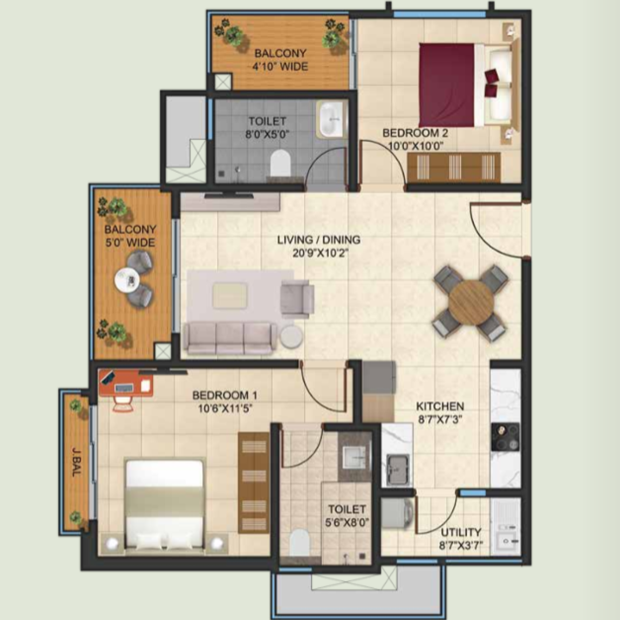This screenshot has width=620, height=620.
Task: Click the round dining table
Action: (x=471, y=303)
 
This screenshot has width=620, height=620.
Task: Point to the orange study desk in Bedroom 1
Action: (x=126, y=383)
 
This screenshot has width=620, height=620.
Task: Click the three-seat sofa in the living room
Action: (x=230, y=338)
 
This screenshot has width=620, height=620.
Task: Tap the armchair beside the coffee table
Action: (x=297, y=299)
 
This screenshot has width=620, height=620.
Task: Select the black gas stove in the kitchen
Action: (x=505, y=437)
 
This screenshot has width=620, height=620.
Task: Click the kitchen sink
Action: (x=397, y=469)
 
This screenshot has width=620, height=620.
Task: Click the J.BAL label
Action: (x=77, y=462)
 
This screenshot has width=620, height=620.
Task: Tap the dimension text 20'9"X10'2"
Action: (x=320, y=253)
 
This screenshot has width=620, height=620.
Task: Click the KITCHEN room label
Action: (x=440, y=406)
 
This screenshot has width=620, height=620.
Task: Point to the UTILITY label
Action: (x=461, y=532)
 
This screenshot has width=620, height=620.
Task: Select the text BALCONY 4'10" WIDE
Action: (x=280, y=60)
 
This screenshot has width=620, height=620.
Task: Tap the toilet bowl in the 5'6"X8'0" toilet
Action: (x=299, y=542)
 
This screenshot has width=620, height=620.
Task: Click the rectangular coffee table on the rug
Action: (x=230, y=296)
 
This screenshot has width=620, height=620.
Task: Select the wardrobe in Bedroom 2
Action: (x=454, y=167)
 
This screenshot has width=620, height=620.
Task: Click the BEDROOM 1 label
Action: (x=224, y=395)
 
